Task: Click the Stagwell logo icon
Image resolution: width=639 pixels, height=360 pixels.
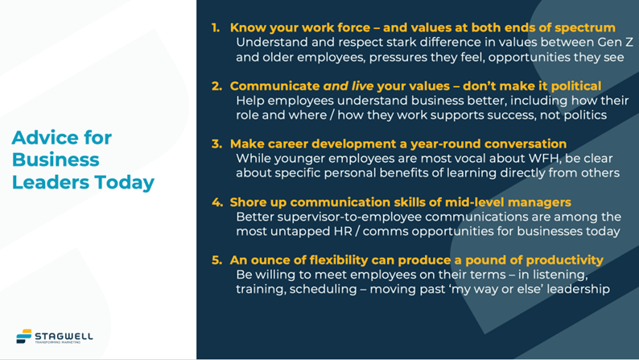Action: [23, 336]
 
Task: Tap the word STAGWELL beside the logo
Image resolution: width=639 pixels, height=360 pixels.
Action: [64, 337]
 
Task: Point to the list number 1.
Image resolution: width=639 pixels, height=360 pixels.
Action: [215, 27]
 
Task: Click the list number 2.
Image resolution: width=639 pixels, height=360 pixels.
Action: [216, 86]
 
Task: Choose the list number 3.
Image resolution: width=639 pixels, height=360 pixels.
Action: [216, 144]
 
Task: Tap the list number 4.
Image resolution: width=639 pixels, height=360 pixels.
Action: [216, 202]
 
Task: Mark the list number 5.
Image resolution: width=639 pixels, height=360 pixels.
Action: [216, 260]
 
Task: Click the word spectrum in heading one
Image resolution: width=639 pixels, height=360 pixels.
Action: [585, 28]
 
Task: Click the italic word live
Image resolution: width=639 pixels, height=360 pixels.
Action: [363, 86]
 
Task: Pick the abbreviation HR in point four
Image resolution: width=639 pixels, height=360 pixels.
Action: [343, 232]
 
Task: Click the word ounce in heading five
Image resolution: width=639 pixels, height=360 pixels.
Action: [270, 260]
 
